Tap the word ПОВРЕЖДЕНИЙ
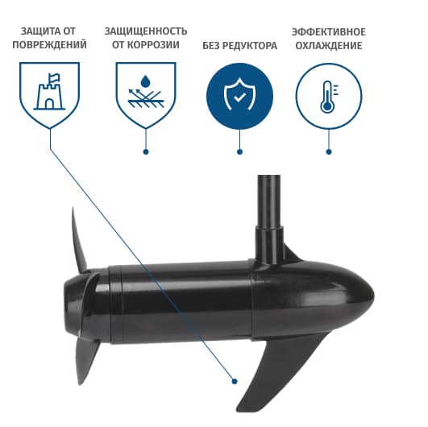tap(49, 45)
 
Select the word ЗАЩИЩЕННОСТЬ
tap(146, 31)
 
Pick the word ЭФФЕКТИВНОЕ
tap(329, 32)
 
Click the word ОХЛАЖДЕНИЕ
tap(329, 46)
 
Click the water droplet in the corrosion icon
tap(145, 81)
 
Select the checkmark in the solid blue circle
tap(239, 97)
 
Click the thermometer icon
tap(328, 97)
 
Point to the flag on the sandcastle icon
tap(54, 78)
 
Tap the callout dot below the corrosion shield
tap(146, 152)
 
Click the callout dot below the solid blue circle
tap(239, 152)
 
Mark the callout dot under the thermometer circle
tap(329, 152)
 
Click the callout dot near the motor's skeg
tap(235, 381)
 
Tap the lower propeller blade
tap(86, 360)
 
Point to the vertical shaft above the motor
tap(269, 218)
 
